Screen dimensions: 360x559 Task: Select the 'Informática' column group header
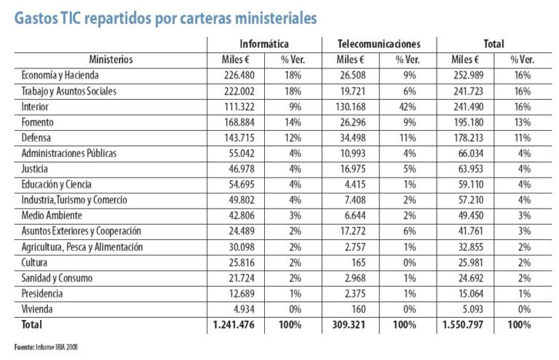coord(264,44)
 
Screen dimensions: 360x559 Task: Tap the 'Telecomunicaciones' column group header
coord(379,44)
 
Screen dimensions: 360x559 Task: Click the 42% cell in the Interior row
coord(407,105)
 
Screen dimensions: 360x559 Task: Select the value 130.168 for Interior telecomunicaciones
coord(351,105)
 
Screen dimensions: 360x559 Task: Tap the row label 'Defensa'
coord(39,137)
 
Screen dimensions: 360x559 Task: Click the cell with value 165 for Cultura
coord(356,263)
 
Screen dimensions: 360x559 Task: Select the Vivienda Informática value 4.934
coord(239,309)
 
